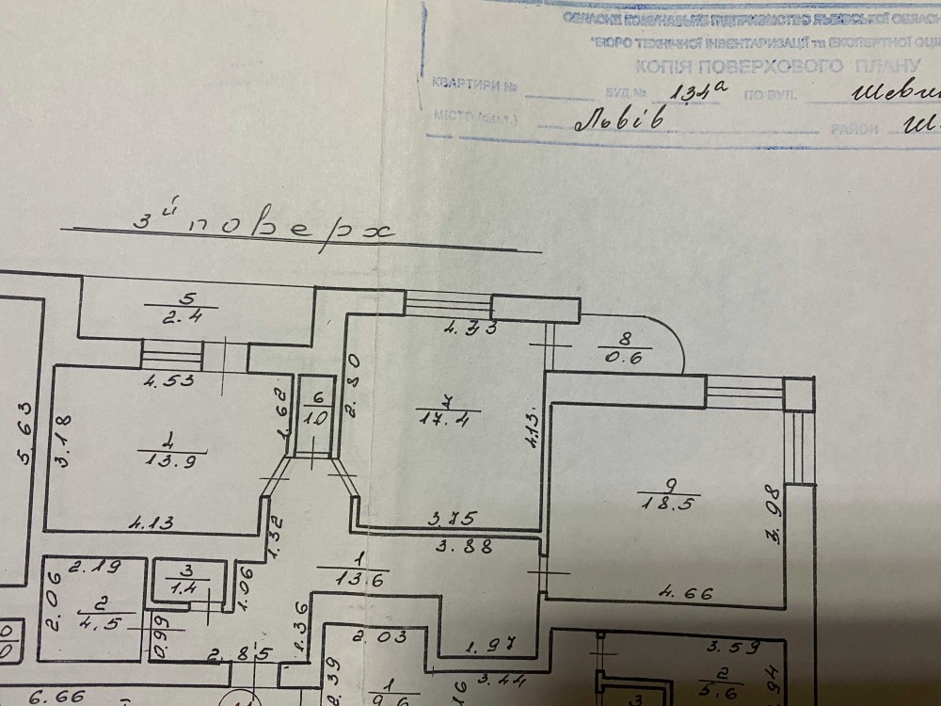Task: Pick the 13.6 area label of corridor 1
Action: (x=339, y=579)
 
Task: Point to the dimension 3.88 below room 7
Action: (x=461, y=543)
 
